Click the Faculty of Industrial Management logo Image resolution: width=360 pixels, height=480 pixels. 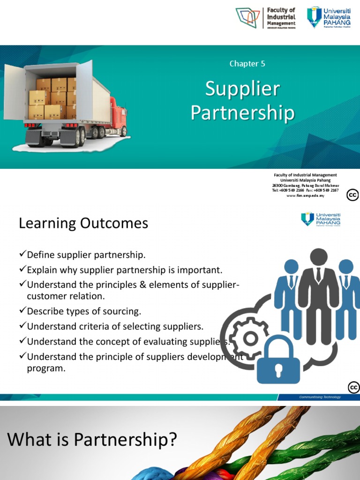(266, 17)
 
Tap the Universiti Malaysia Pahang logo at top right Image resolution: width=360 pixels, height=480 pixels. (329, 17)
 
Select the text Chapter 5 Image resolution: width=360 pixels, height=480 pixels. (247, 64)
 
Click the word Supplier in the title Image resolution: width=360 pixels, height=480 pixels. (242, 89)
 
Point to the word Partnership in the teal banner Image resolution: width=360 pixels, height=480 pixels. (242, 113)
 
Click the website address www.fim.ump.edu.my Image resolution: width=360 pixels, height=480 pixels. (305, 196)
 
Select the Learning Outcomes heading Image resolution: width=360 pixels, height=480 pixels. (83, 224)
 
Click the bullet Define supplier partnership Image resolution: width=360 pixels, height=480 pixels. (86, 255)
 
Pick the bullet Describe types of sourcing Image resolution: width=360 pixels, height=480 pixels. (84, 311)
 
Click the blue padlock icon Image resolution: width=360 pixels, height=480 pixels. (278, 362)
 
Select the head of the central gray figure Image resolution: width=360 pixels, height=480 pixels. (319, 256)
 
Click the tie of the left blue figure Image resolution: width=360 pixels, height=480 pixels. (291, 281)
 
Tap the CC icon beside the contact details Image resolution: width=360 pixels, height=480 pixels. (352, 195)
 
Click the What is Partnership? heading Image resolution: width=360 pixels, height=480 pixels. (92, 440)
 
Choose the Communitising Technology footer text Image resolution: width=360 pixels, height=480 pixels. (320, 397)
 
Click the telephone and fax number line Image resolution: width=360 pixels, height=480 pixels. (305, 191)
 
